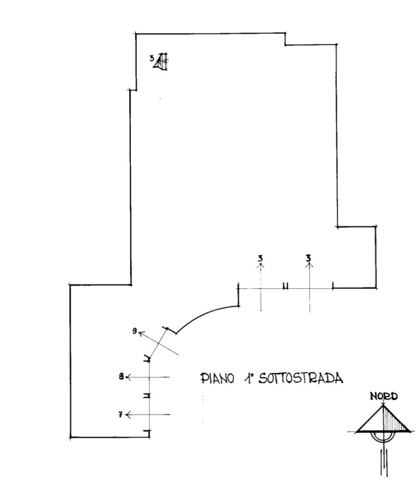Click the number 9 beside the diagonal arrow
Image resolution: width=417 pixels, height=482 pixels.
pyautogui.click(x=135, y=331)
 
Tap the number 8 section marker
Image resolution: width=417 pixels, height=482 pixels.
pyautogui.click(x=121, y=376)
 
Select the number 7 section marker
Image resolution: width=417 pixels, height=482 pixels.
pyautogui.click(x=121, y=414)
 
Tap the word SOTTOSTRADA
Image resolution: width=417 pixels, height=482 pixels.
pyautogui.click(x=301, y=378)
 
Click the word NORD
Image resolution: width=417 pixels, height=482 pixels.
pyautogui.click(x=383, y=397)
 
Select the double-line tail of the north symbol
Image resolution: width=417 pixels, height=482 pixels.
pyautogui.click(x=383, y=463)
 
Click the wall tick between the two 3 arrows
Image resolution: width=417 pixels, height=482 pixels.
pyautogui.click(x=285, y=288)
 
